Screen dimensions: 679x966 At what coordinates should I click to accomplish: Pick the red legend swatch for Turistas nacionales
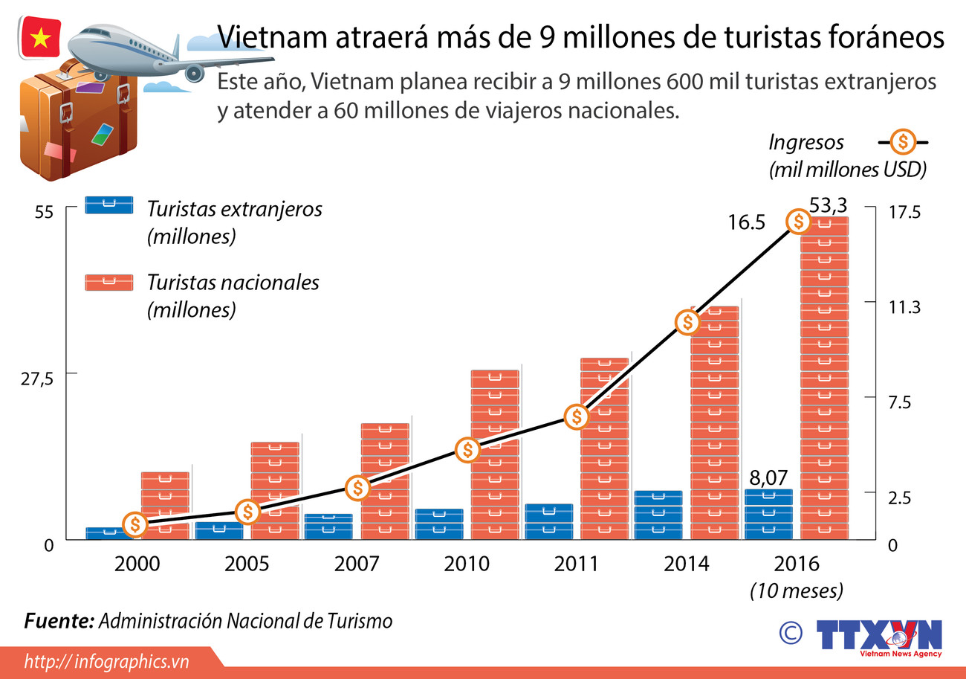(109, 282)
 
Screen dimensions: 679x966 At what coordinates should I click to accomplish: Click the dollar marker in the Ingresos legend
(903, 141)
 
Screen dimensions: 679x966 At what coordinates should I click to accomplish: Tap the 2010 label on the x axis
(467, 564)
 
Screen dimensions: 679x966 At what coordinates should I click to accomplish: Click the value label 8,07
(768, 477)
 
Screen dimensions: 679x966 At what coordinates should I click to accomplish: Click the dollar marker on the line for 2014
(688, 322)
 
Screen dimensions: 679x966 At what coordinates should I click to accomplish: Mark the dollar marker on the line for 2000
(134, 524)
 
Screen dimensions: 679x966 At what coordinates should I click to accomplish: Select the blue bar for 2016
(768, 514)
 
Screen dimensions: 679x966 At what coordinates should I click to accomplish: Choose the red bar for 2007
(385, 481)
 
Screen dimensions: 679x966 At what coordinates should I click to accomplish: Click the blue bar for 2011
(549, 521)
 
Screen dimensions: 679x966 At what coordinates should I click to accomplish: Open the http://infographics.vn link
(107, 661)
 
